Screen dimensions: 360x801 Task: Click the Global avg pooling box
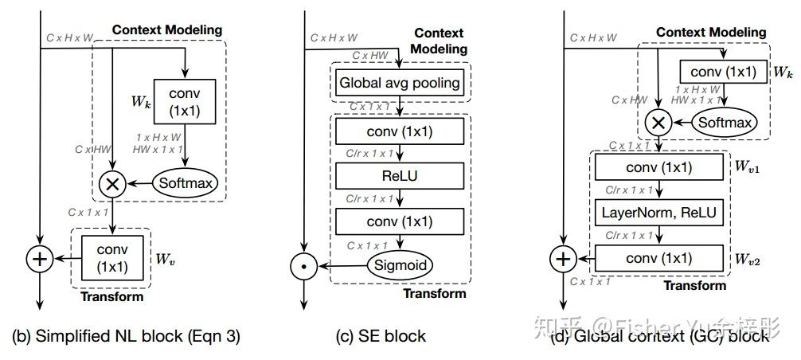click(400, 83)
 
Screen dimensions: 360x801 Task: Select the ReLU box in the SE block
click(400, 175)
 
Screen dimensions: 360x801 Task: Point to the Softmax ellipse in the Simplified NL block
click(186, 183)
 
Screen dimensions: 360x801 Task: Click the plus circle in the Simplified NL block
click(39, 259)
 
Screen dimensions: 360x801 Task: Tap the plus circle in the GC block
click(563, 259)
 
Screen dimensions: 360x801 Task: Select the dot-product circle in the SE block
click(302, 265)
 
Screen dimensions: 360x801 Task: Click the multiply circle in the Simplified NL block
click(112, 183)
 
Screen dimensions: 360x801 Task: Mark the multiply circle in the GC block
click(658, 122)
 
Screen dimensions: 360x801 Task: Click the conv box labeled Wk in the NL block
click(186, 101)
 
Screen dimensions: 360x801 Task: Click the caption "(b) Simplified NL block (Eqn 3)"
click(126, 336)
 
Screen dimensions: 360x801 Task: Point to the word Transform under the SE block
click(434, 293)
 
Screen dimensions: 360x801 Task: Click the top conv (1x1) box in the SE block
click(400, 131)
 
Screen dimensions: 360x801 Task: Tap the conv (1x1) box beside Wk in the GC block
click(724, 72)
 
